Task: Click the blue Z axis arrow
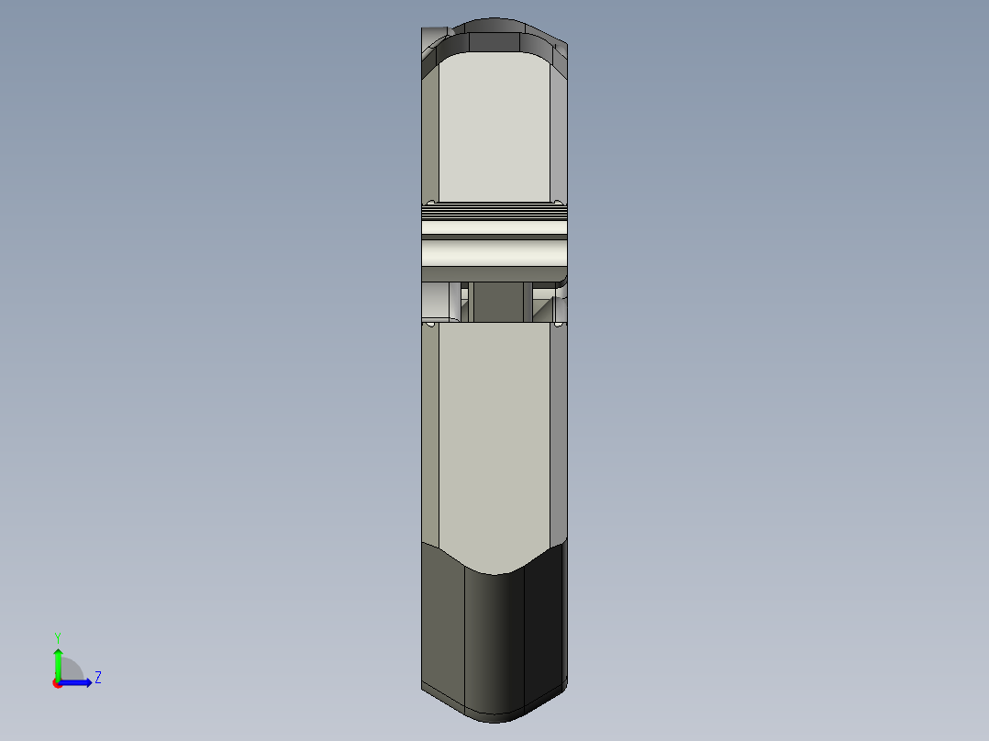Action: point(79,682)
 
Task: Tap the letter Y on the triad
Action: point(58,637)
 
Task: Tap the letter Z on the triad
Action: point(97,678)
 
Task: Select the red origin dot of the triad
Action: point(57,683)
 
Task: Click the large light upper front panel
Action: point(495,128)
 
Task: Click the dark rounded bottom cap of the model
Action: point(495,642)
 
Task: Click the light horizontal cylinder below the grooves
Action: point(495,250)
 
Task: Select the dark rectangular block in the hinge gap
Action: point(495,303)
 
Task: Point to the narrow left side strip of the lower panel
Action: point(430,431)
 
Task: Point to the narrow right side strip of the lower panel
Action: point(560,431)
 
